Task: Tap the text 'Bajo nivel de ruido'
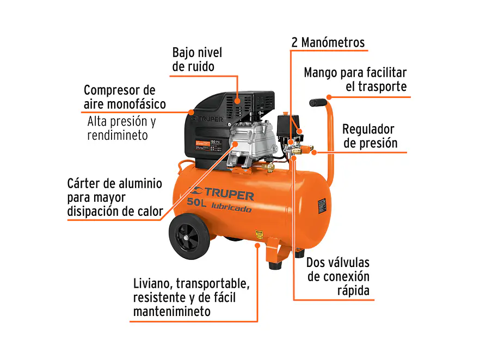197,60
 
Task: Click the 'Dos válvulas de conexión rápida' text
338,276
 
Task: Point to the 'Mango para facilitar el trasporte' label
355,79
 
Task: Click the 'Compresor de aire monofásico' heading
125,97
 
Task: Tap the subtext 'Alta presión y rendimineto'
121,128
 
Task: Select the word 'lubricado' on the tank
235,209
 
